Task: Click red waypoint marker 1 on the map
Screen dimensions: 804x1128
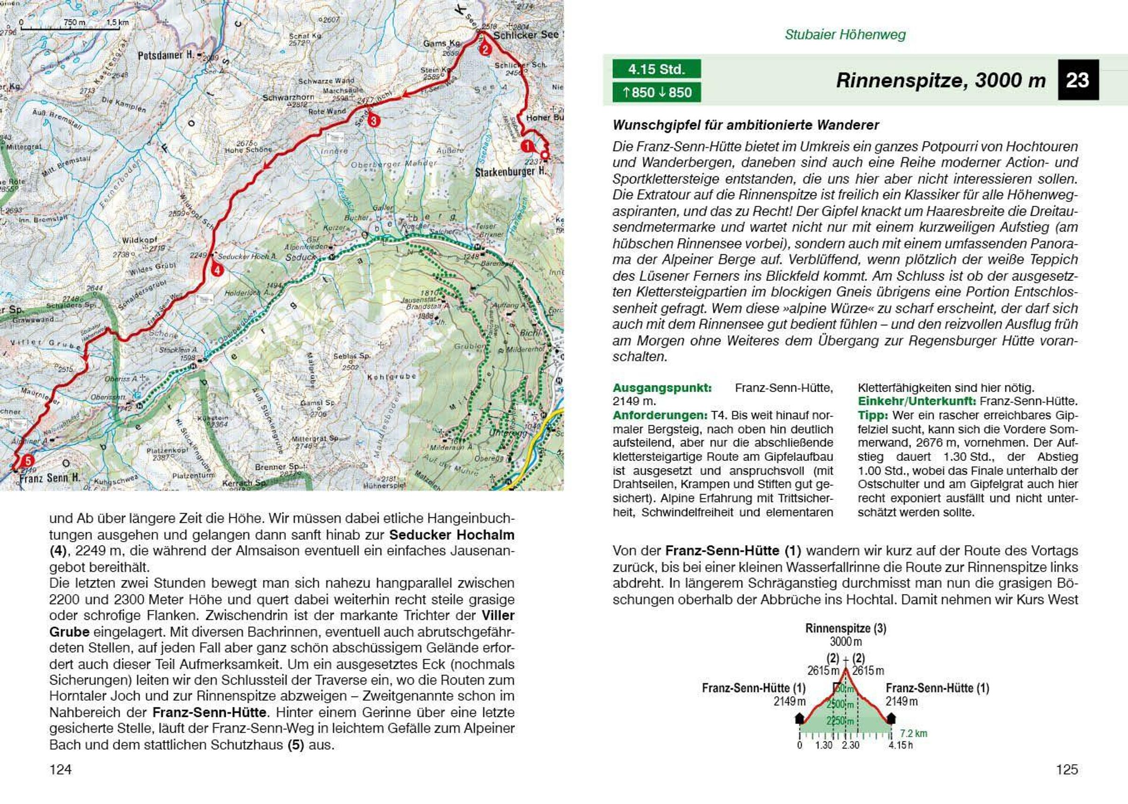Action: pos(527,146)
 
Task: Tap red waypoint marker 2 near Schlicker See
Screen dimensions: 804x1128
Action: pos(485,48)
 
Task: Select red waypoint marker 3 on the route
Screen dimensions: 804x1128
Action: pos(373,120)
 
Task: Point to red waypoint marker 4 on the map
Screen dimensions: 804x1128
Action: pos(217,270)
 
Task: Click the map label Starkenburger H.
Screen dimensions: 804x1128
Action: pos(511,172)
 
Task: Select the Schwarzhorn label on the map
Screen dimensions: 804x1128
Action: pos(288,98)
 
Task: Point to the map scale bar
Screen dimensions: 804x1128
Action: pos(70,28)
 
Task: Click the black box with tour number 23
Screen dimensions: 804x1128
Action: pos(1078,80)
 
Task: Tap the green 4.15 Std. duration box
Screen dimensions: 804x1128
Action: pos(656,69)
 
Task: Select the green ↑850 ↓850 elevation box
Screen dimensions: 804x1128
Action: pos(656,92)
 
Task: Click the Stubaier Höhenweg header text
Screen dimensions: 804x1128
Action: pos(845,35)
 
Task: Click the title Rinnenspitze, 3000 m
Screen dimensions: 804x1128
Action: pos(940,80)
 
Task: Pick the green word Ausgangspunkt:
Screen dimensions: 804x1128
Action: pos(662,388)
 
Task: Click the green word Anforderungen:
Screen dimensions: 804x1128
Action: pos(659,415)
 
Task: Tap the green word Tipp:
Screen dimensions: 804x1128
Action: pos(872,415)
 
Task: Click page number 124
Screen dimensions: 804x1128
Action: pos(61,769)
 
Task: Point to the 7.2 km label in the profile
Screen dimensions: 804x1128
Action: pos(913,733)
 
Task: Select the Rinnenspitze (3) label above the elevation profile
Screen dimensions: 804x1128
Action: pos(845,628)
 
